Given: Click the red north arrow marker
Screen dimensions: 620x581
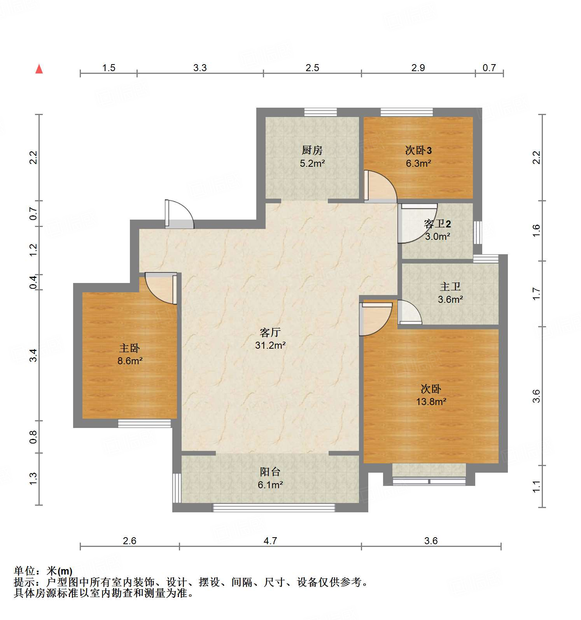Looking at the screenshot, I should tap(39, 69).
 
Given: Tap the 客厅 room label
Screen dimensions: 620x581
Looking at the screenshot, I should tap(270, 332).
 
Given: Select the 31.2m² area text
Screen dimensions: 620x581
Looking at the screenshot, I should tap(270, 345).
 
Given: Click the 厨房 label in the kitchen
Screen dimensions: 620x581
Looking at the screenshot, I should tap(312, 150).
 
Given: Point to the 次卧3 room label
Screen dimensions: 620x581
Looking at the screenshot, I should tap(418, 150).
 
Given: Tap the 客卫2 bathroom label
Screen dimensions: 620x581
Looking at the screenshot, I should tap(437, 224).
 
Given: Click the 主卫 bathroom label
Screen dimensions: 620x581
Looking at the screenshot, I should tap(450, 287).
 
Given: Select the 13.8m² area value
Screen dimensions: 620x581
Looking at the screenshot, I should tap(431, 402).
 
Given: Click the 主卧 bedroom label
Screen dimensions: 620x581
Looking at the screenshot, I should tap(129, 348).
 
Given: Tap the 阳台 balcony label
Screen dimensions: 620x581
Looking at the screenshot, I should tap(270, 472).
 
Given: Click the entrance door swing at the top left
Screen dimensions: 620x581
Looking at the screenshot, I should tap(179, 214).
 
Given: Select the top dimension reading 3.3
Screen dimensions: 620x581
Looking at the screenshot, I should tap(200, 68).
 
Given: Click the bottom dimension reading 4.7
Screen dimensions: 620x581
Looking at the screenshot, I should tap(270, 541).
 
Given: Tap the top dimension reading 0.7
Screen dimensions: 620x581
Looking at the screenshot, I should tap(489, 68).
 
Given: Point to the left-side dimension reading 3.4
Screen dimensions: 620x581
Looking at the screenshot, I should tap(33, 355).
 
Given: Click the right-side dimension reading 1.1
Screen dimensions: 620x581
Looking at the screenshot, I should tap(536, 486).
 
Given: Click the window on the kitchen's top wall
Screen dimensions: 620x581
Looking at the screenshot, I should tap(320, 112).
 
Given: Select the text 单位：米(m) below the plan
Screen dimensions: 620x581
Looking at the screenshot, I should tap(43, 571).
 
